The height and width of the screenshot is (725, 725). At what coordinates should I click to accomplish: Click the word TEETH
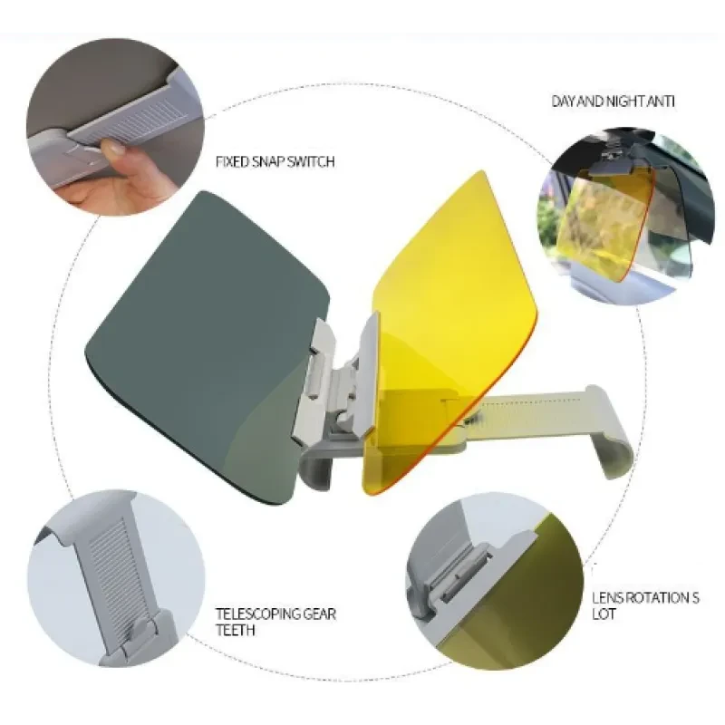click(236, 630)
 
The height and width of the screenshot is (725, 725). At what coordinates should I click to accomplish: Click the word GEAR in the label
click(319, 614)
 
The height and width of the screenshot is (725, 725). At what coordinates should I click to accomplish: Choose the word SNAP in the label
click(268, 162)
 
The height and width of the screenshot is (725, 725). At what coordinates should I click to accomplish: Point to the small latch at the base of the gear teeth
click(139, 629)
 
